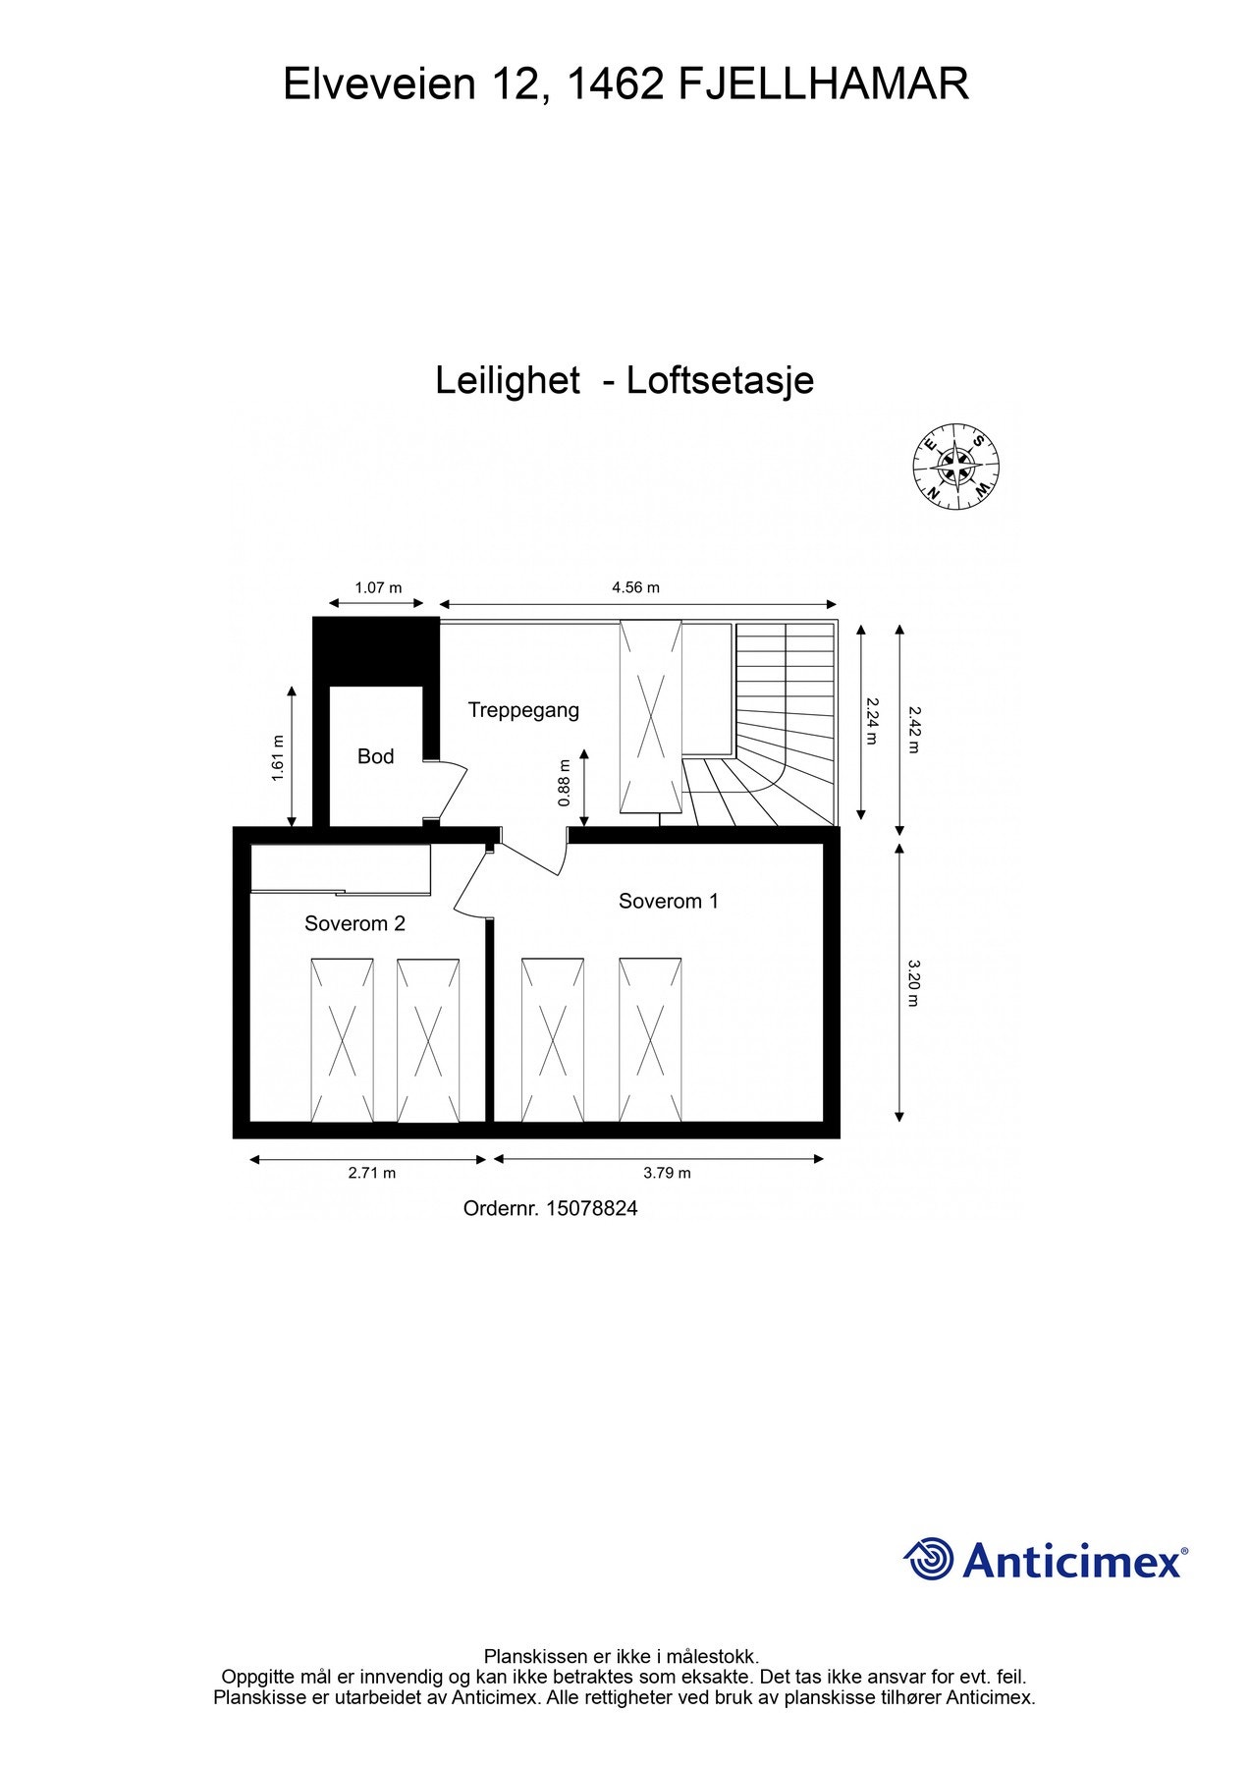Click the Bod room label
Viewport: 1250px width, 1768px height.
pyautogui.click(x=375, y=756)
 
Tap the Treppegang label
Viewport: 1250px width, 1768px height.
pyautogui.click(x=523, y=710)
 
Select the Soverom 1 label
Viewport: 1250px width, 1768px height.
pyautogui.click(x=669, y=901)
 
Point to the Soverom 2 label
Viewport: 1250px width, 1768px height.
pyautogui.click(x=354, y=923)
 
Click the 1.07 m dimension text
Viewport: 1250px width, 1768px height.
pyautogui.click(x=378, y=587)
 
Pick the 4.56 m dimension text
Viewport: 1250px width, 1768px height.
pyautogui.click(x=635, y=587)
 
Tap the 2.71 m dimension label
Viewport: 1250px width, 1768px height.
pyautogui.click(x=372, y=1172)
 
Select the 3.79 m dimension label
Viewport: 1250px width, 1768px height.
pyautogui.click(x=667, y=1172)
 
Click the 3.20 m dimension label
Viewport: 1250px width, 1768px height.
pyautogui.click(x=913, y=983)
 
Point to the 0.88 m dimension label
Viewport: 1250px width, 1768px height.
pyautogui.click(x=563, y=784)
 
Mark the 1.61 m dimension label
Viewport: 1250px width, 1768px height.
pyautogui.click(x=277, y=758)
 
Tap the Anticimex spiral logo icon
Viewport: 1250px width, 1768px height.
pyautogui.click(x=929, y=1559)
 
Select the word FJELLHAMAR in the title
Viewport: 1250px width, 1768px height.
pyautogui.click(x=823, y=84)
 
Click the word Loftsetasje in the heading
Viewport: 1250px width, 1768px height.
pyautogui.click(x=720, y=380)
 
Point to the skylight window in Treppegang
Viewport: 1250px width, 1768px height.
pyautogui.click(x=650, y=717)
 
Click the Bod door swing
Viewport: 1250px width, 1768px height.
pyautogui.click(x=447, y=790)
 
